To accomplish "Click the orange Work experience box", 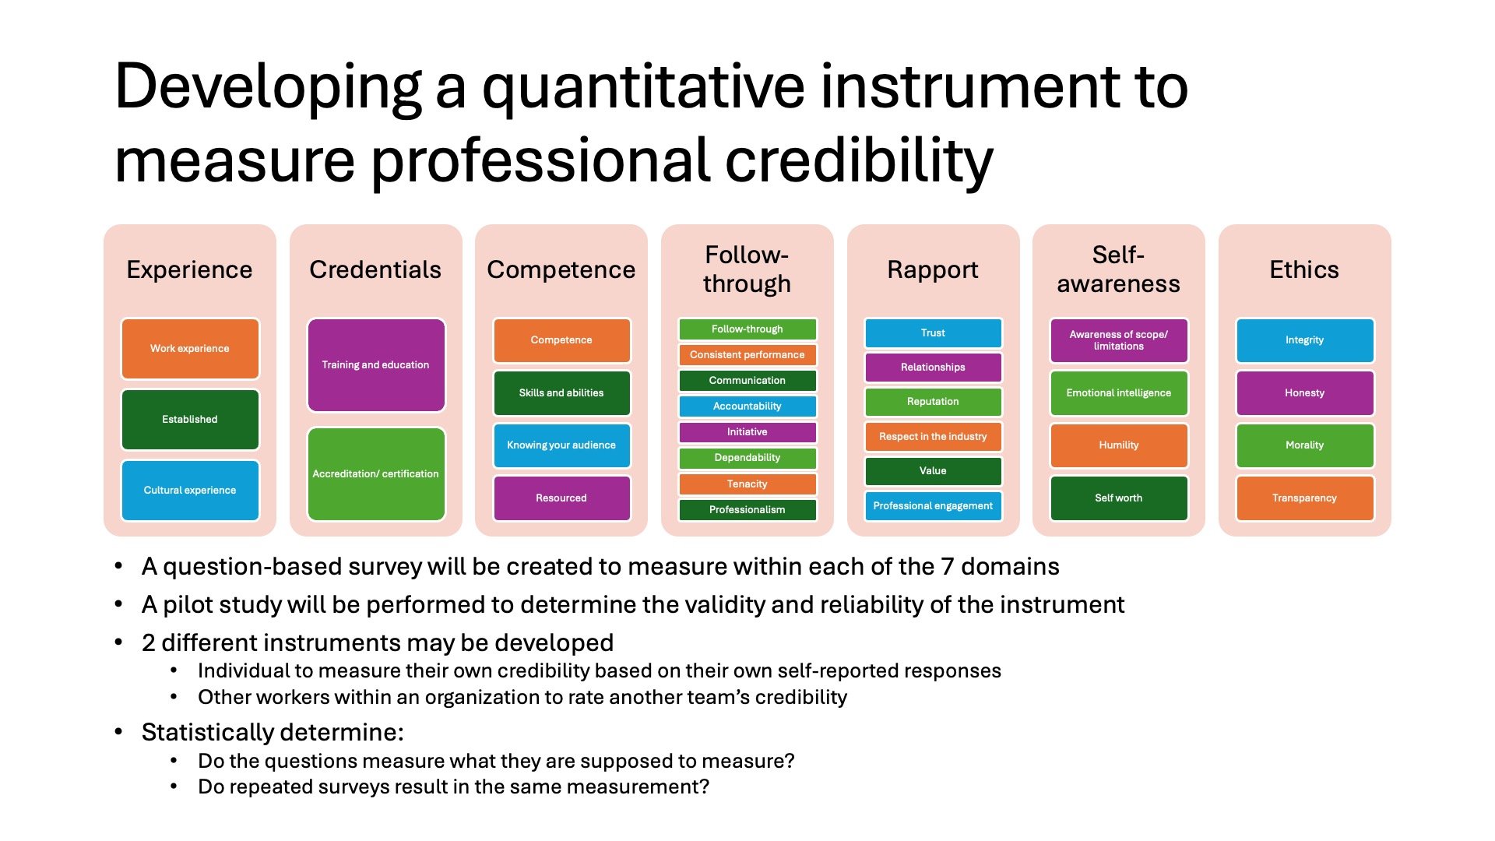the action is pos(190,349).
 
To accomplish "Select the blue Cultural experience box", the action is pos(190,490).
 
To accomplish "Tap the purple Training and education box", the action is pos(376,364).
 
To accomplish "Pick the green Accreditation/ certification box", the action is pos(376,473).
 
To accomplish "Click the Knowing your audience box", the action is pos(561,445).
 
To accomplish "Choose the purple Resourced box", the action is pos(561,498).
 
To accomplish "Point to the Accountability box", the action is pos(747,406).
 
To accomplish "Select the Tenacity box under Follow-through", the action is pos(747,484).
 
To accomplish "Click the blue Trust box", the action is pos(933,333).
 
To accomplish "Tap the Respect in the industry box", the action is pos(933,437).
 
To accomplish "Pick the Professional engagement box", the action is pos(933,506).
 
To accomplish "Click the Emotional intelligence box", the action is pos(1119,393).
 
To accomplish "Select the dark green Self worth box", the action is pos(1119,498).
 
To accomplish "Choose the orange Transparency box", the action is pos(1305,498).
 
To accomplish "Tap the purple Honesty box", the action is pos(1305,393).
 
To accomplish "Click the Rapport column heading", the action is pos(933,269).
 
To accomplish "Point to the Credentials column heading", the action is pos(375,269).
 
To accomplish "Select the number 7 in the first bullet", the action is pos(947,566).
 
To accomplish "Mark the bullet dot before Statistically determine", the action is pos(118,732).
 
